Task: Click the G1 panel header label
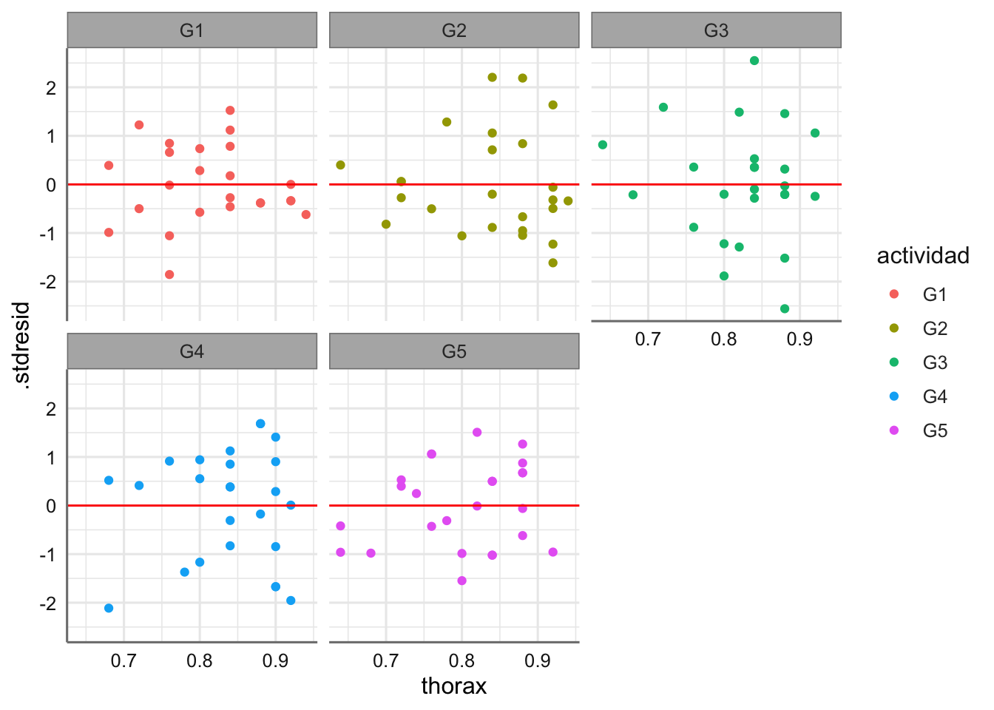click(192, 30)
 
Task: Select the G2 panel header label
click(454, 30)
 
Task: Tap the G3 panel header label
click(716, 30)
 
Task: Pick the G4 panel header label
click(192, 351)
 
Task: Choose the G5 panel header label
click(454, 351)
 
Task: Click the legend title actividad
click(922, 256)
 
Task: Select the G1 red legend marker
click(894, 294)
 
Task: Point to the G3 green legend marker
click(894, 362)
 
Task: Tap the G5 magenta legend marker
click(894, 430)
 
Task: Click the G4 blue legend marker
click(894, 396)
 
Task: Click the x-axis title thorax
click(454, 686)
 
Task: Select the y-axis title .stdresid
click(22, 345)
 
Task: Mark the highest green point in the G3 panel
click(754, 61)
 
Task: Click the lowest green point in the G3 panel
click(785, 308)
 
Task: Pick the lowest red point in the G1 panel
click(169, 274)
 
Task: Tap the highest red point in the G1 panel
click(230, 110)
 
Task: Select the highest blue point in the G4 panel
click(260, 424)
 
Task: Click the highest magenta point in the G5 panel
click(477, 433)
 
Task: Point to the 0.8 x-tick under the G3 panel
click(724, 339)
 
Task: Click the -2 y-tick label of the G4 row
click(50, 604)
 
